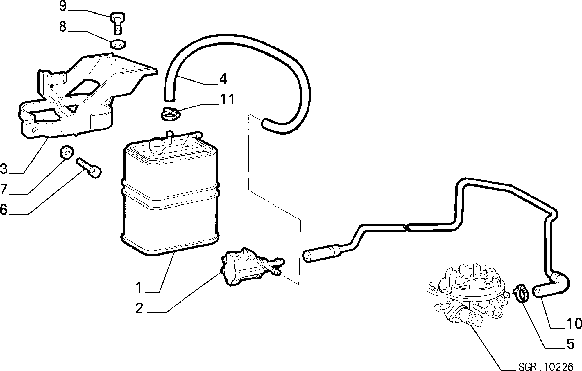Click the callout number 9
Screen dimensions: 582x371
pyautogui.click(x=63, y=6)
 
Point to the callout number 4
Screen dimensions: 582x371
pyautogui.click(x=223, y=79)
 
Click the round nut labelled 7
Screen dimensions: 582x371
pyautogui.click(x=66, y=152)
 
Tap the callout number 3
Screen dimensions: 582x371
pyautogui.click(x=4, y=169)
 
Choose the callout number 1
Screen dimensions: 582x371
pyautogui.click(x=139, y=287)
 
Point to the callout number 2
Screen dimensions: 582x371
pyautogui.click(x=139, y=309)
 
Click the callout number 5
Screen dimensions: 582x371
pyautogui.click(x=570, y=344)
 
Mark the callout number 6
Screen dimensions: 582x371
pyautogui.click(x=3, y=209)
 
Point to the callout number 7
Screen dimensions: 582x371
pyautogui.click(x=4, y=189)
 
